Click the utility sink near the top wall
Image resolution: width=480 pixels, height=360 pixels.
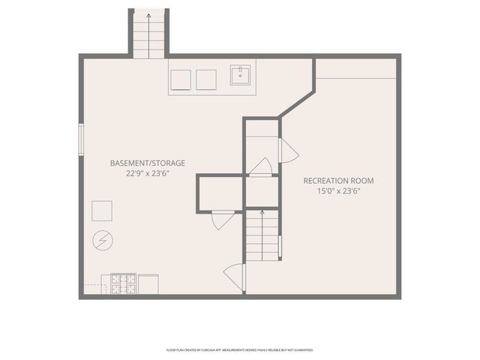pos(240,76)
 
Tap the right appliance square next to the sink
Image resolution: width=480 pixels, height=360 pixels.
pos(205,79)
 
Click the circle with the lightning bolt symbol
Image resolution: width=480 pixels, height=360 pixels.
pos(101,241)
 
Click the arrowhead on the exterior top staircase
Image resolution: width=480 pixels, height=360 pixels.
pos(148,14)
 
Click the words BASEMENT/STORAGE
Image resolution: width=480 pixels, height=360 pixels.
pos(147,163)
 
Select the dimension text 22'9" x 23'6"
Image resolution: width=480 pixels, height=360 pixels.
pos(147,173)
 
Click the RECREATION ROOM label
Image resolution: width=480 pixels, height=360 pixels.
pos(338,181)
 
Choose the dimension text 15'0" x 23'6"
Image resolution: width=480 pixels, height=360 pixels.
pos(338,191)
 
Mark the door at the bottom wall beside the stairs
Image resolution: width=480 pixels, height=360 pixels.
pos(235,277)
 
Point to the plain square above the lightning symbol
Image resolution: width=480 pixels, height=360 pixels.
pos(102,211)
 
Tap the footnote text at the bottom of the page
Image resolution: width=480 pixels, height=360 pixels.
pos(239,349)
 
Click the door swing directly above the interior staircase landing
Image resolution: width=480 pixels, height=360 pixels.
pos(261,166)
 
